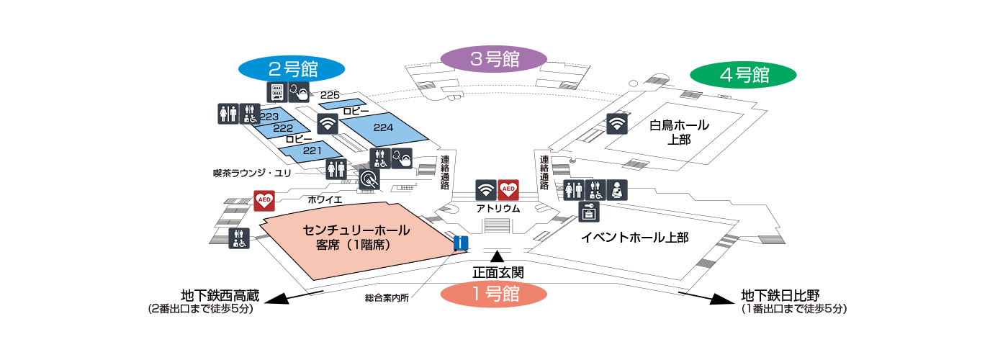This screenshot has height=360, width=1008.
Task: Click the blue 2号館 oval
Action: (292, 69)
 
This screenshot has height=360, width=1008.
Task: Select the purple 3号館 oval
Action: (494, 59)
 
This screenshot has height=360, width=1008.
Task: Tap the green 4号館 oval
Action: (743, 75)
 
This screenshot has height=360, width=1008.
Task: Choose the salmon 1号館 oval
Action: (494, 294)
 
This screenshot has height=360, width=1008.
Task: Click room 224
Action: (383, 129)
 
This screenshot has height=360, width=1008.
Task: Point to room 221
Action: (311, 151)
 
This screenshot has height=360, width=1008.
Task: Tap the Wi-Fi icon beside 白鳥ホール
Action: (617, 123)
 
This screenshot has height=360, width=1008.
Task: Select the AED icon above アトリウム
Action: (508, 190)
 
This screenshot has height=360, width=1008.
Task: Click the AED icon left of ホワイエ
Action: (264, 200)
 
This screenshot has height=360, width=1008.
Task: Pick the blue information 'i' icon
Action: (461, 243)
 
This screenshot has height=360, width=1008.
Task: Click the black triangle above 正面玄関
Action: (498, 256)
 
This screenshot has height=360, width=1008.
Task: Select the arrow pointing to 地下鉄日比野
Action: (703, 298)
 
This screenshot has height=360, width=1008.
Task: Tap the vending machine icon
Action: (277, 92)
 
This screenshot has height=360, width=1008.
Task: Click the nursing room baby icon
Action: (617, 190)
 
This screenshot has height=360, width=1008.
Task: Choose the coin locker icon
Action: (589, 212)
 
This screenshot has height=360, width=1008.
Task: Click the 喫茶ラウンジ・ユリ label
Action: (252, 174)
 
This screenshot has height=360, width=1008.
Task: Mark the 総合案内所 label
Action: (387, 297)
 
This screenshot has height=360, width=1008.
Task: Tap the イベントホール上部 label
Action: (635, 237)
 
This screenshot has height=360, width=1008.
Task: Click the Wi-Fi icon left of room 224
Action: (328, 123)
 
